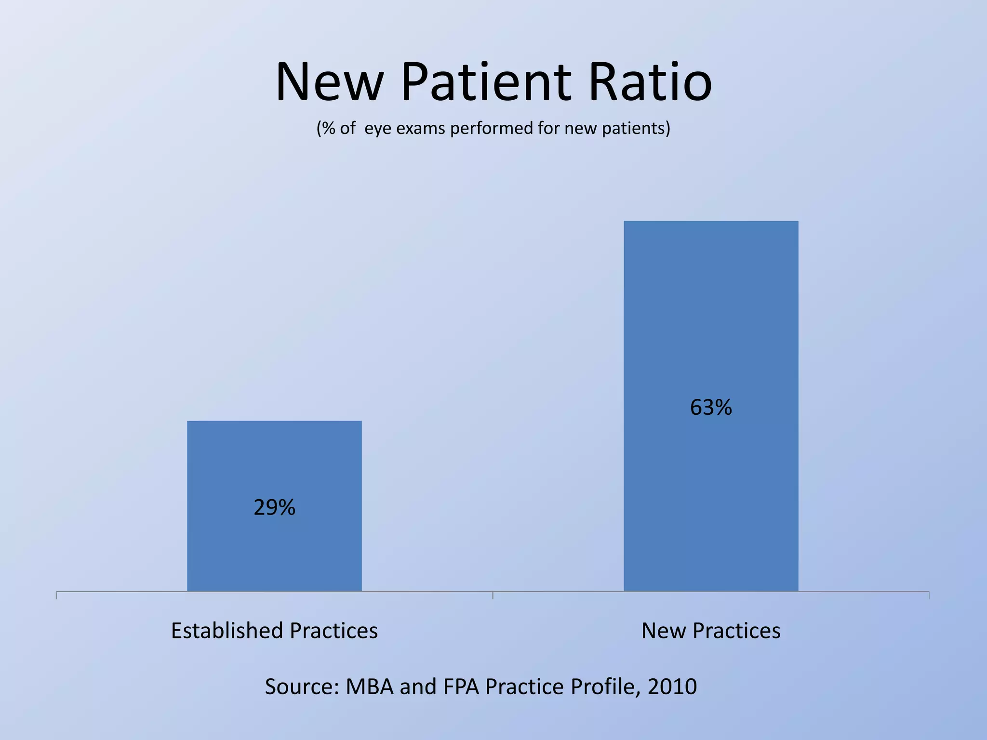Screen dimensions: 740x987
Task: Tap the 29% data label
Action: (x=274, y=508)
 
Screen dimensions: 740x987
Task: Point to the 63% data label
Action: (x=711, y=408)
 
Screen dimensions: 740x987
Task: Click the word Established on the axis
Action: (x=227, y=631)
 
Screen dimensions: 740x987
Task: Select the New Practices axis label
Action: (x=711, y=631)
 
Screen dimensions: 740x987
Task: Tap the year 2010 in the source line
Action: (x=672, y=687)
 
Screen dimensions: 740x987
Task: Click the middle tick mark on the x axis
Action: (x=493, y=595)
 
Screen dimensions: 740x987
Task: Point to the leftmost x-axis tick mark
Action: (x=56, y=595)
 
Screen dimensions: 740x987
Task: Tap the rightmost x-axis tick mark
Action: (x=929, y=595)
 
